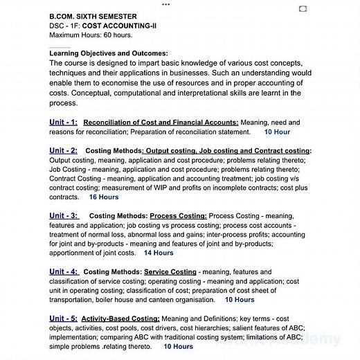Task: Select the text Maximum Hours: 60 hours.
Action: click(91, 35)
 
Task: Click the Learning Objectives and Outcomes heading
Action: click(109, 53)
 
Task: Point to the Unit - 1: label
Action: click(63, 122)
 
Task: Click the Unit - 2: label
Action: click(63, 150)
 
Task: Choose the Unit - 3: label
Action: click(64, 215)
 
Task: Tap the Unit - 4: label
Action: click(64, 272)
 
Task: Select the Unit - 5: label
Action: click(64, 318)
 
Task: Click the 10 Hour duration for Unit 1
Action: click(277, 132)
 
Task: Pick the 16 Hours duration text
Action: click(103, 197)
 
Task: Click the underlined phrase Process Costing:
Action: click(178, 216)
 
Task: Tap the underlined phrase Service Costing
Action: click(170, 272)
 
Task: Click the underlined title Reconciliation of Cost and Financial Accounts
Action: click(160, 123)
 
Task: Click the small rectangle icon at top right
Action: click(303, 8)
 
